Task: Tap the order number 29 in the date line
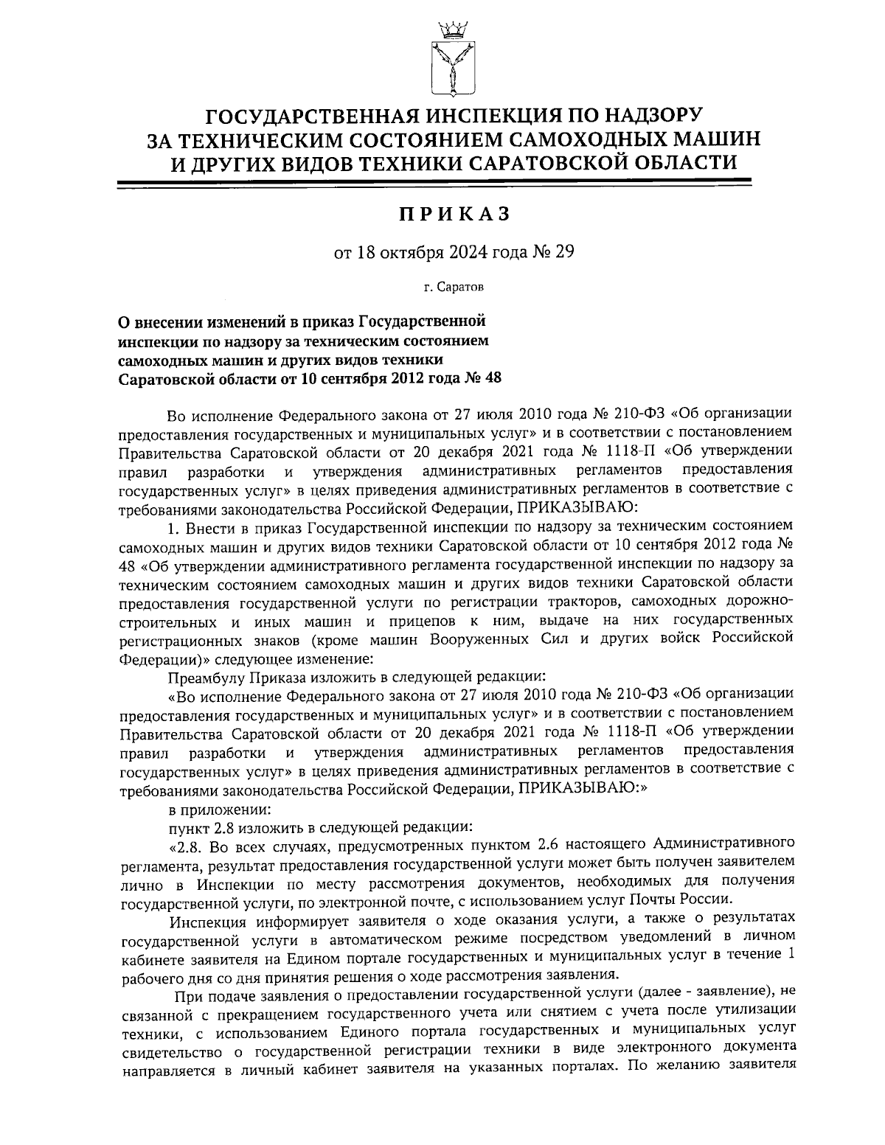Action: click(x=562, y=253)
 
